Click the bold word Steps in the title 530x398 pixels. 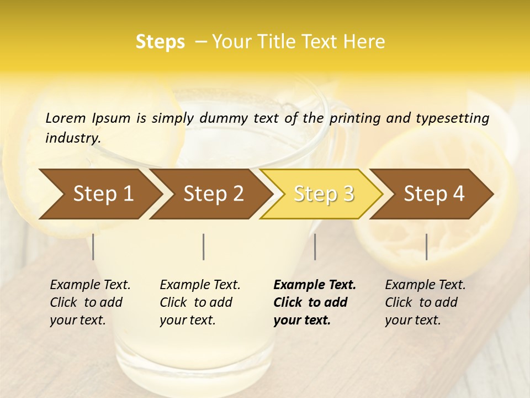[x=160, y=42]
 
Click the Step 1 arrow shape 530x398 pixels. [x=99, y=193]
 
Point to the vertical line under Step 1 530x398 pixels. [x=93, y=247]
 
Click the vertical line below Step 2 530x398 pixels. [x=204, y=247]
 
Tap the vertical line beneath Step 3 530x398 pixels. [x=315, y=247]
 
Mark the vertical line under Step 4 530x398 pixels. [x=426, y=247]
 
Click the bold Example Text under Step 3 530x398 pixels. [x=315, y=285]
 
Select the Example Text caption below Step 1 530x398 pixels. [x=90, y=285]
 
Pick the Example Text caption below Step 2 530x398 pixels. [x=200, y=285]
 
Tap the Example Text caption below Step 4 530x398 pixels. [x=425, y=285]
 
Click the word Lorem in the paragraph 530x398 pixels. [x=65, y=118]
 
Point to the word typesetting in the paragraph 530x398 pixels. [x=452, y=118]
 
